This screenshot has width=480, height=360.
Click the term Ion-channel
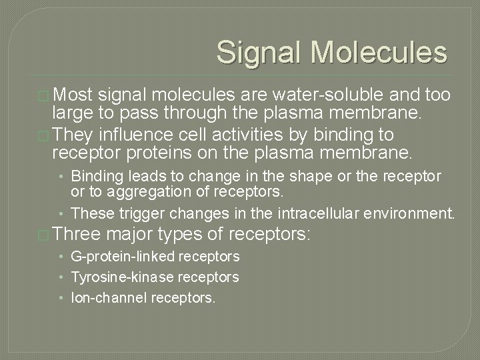click(108, 297)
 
